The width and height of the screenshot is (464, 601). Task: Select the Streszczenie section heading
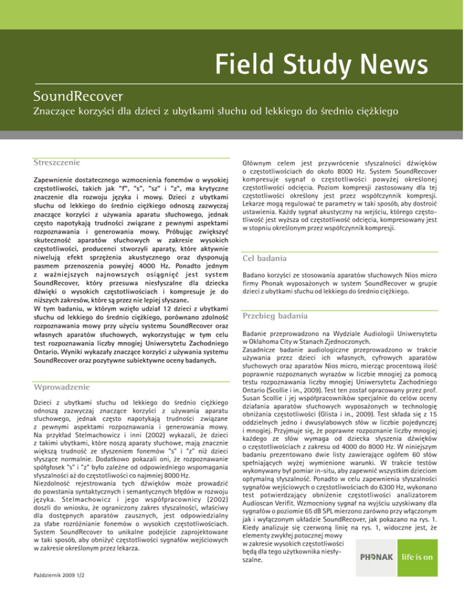tap(60, 163)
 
